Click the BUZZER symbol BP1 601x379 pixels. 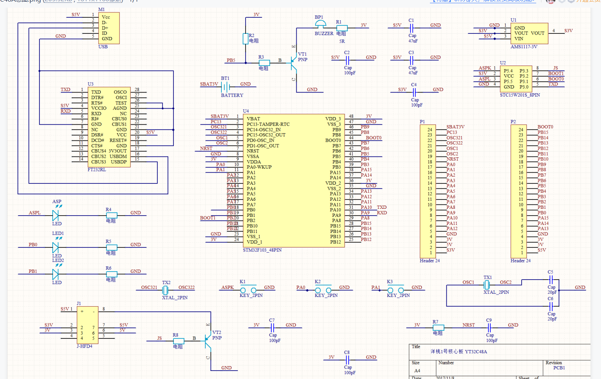[320, 25]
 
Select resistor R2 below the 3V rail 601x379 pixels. [246, 39]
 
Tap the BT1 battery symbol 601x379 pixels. [225, 87]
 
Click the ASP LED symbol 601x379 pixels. [56, 215]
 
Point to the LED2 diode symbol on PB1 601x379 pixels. [56, 274]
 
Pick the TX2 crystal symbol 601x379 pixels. [165, 290]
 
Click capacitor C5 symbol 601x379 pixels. [551, 280]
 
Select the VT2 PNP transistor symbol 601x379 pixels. [207, 340]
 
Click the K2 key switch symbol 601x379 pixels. [323, 290]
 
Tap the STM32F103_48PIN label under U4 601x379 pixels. [262, 250]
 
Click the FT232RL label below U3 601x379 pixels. [97, 170]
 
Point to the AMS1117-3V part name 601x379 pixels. [524, 47]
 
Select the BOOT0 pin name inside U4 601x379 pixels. [333, 140]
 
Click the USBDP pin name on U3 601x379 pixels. [119, 162]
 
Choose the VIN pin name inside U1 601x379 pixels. [519, 39]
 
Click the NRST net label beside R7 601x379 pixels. [469, 325]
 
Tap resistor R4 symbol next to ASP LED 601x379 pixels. [111, 215]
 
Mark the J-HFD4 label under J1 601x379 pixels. [85, 346]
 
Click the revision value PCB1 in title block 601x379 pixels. [559, 368]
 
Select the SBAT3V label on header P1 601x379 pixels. [455, 127]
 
